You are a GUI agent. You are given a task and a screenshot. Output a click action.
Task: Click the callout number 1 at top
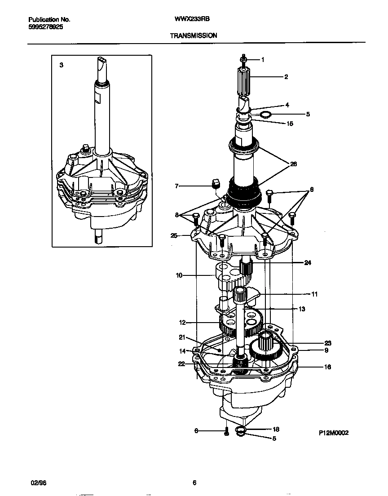[x=263, y=59]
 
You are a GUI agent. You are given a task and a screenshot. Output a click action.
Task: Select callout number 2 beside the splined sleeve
[x=286, y=77]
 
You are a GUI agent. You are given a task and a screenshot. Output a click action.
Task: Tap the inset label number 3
[x=62, y=65]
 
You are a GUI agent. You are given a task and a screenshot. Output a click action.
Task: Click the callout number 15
[x=290, y=123]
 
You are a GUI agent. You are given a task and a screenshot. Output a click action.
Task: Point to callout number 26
[x=293, y=164]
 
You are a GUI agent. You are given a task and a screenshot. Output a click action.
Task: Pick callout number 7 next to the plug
[x=177, y=186]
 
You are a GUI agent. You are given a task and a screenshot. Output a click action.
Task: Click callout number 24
[x=308, y=263]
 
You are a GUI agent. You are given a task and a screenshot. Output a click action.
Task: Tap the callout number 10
[x=179, y=275]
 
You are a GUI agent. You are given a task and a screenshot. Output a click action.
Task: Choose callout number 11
[x=314, y=294]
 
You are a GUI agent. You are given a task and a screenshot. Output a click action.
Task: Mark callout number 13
[x=302, y=309]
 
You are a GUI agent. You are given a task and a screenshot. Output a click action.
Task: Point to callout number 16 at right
[x=327, y=367]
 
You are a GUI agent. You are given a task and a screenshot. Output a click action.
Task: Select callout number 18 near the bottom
[x=276, y=430]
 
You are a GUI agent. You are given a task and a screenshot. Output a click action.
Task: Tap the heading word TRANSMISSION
[x=194, y=35]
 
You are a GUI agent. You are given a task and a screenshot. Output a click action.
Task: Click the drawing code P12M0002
[x=334, y=433]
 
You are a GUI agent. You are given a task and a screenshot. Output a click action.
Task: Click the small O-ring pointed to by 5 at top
[x=266, y=115]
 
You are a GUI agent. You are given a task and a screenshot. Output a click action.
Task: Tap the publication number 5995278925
[x=45, y=27]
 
